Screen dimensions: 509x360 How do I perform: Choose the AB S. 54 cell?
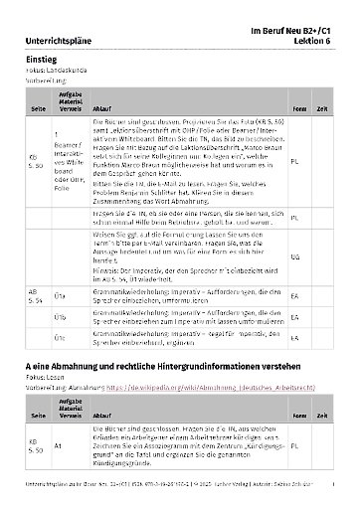(35, 295)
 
